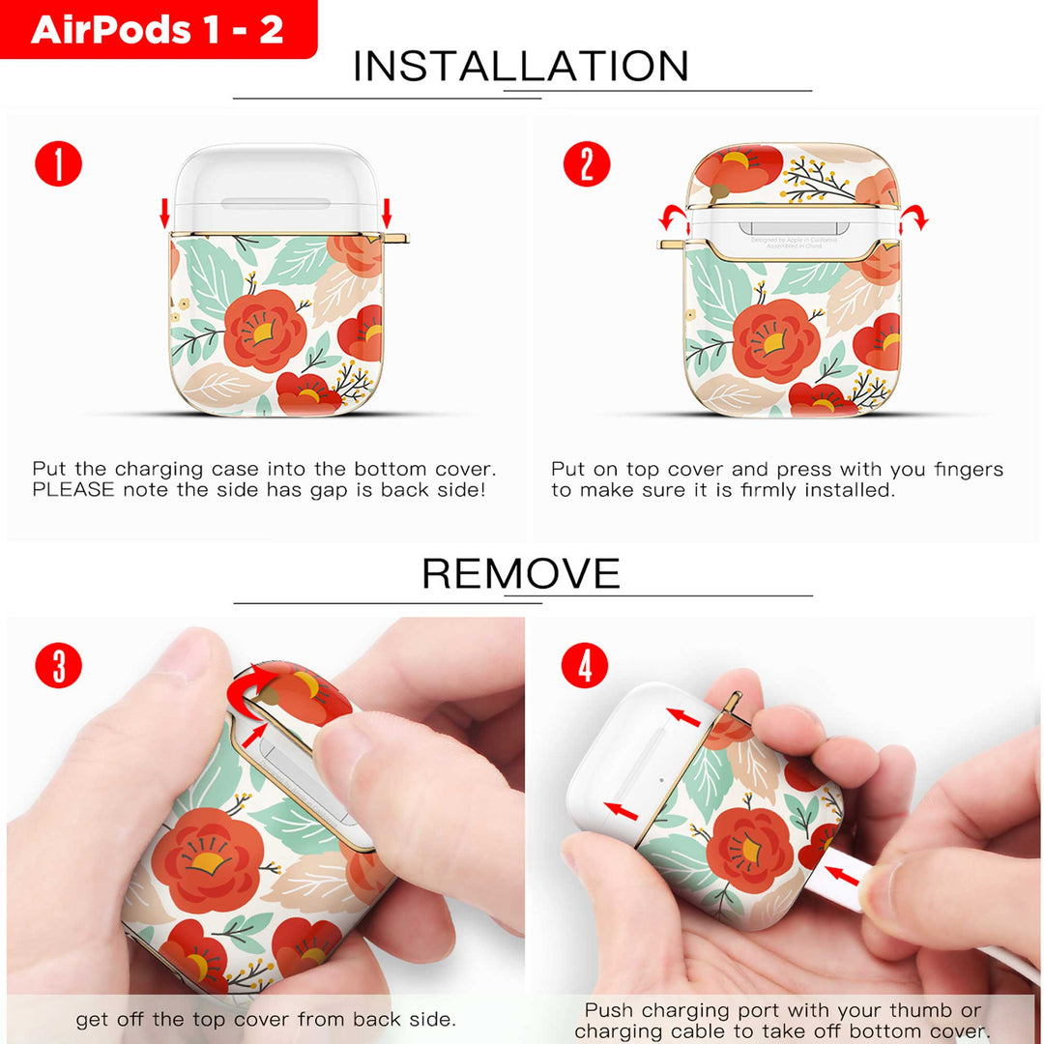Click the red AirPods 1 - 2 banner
[159, 29]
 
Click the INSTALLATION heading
[521, 66]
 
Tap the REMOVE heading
[521, 573]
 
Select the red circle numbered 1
[59, 163]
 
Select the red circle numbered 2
[587, 163]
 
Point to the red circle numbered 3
[59, 665]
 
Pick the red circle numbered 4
[585, 665]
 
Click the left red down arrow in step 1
[164, 213]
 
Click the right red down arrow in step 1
[386, 213]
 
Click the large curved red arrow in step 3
[249, 689]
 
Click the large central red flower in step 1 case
[265, 331]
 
